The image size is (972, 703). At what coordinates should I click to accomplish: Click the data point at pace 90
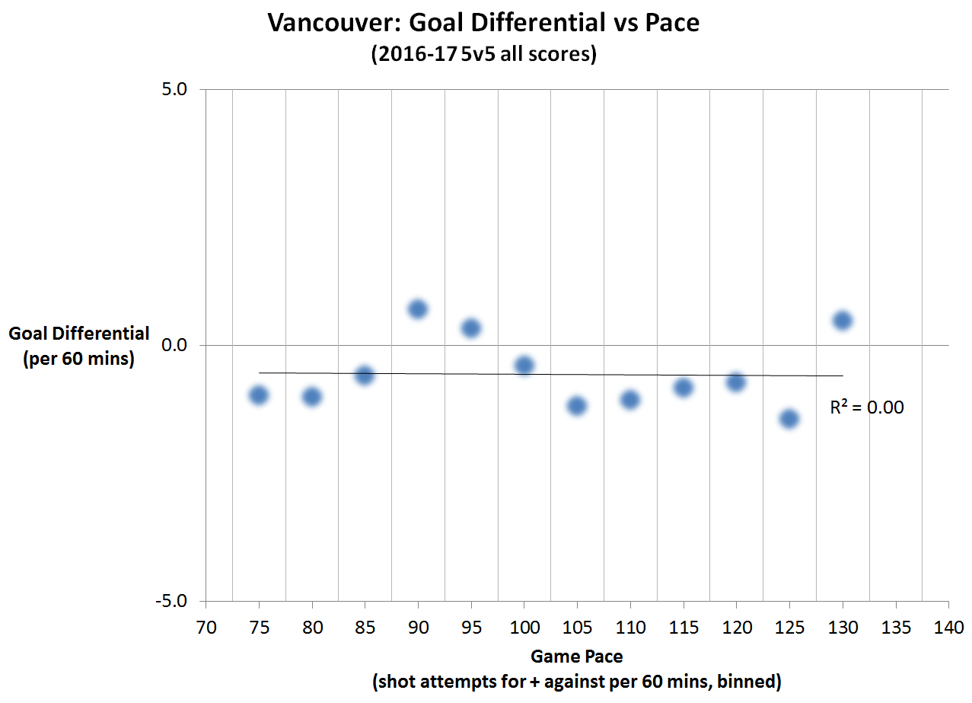(x=418, y=308)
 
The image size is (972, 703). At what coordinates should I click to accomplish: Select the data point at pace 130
(x=842, y=320)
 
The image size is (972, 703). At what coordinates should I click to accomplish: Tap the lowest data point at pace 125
(x=789, y=418)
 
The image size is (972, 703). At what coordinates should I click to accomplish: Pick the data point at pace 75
(x=259, y=395)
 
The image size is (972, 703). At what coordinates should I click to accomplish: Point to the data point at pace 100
(x=524, y=366)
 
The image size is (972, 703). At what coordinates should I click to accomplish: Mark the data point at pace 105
(x=577, y=405)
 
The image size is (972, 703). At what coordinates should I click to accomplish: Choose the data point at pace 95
(x=471, y=328)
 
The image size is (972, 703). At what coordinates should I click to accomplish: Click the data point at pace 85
(x=365, y=375)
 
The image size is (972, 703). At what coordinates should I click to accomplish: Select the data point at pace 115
(x=684, y=387)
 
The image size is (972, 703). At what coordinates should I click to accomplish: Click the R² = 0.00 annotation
(x=866, y=407)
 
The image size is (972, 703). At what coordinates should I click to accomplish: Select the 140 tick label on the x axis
(x=948, y=628)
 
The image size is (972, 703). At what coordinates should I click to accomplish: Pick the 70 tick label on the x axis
(x=206, y=628)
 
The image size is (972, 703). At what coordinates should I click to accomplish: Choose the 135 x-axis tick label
(x=895, y=628)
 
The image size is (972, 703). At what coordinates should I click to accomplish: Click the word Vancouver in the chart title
(x=334, y=23)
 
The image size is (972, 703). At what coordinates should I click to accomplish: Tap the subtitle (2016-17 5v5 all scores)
(x=483, y=55)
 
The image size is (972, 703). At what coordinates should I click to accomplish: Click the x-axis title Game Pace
(x=576, y=657)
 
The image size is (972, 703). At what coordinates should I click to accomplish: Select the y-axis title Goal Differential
(x=79, y=334)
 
